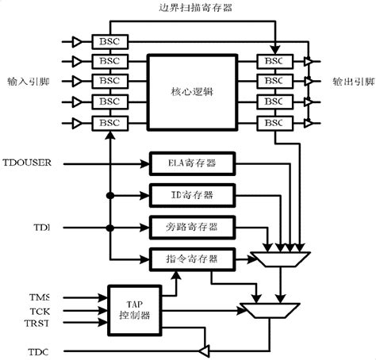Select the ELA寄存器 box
194,164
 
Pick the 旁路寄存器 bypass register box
194,227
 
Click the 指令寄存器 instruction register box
194,259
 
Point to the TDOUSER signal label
27,163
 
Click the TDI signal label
41,227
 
